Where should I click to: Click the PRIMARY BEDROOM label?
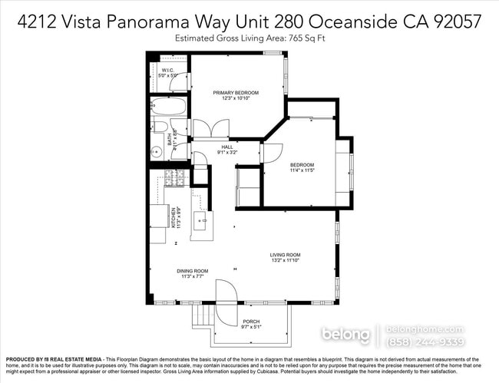[x=236, y=92]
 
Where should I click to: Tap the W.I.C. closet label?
[x=168, y=71]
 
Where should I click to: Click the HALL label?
[x=227, y=147]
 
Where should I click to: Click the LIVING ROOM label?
[x=284, y=256]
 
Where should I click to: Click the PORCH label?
[x=250, y=322]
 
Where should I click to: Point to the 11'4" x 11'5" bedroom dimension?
[x=302, y=170]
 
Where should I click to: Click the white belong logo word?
[x=345, y=335]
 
